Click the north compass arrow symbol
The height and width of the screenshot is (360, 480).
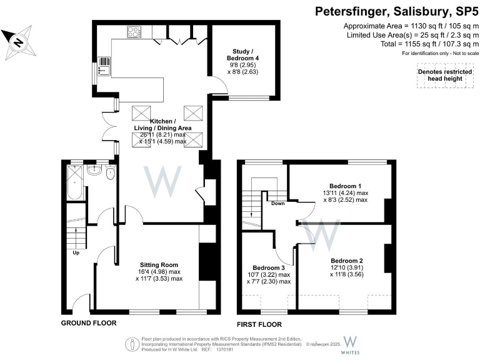click(17, 41)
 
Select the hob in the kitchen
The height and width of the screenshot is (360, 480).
click(134, 31)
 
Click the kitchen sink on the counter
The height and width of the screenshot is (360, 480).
click(104, 66)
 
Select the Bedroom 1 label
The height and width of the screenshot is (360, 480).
click(345, 186)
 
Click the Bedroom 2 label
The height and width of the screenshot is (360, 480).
click(347, 261)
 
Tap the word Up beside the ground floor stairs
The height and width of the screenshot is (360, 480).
click(76, 253)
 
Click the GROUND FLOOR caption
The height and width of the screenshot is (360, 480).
click(88, 323)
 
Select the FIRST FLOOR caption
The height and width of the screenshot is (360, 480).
click(259, 324)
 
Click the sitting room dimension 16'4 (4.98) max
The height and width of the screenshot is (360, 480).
click(159, 271)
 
